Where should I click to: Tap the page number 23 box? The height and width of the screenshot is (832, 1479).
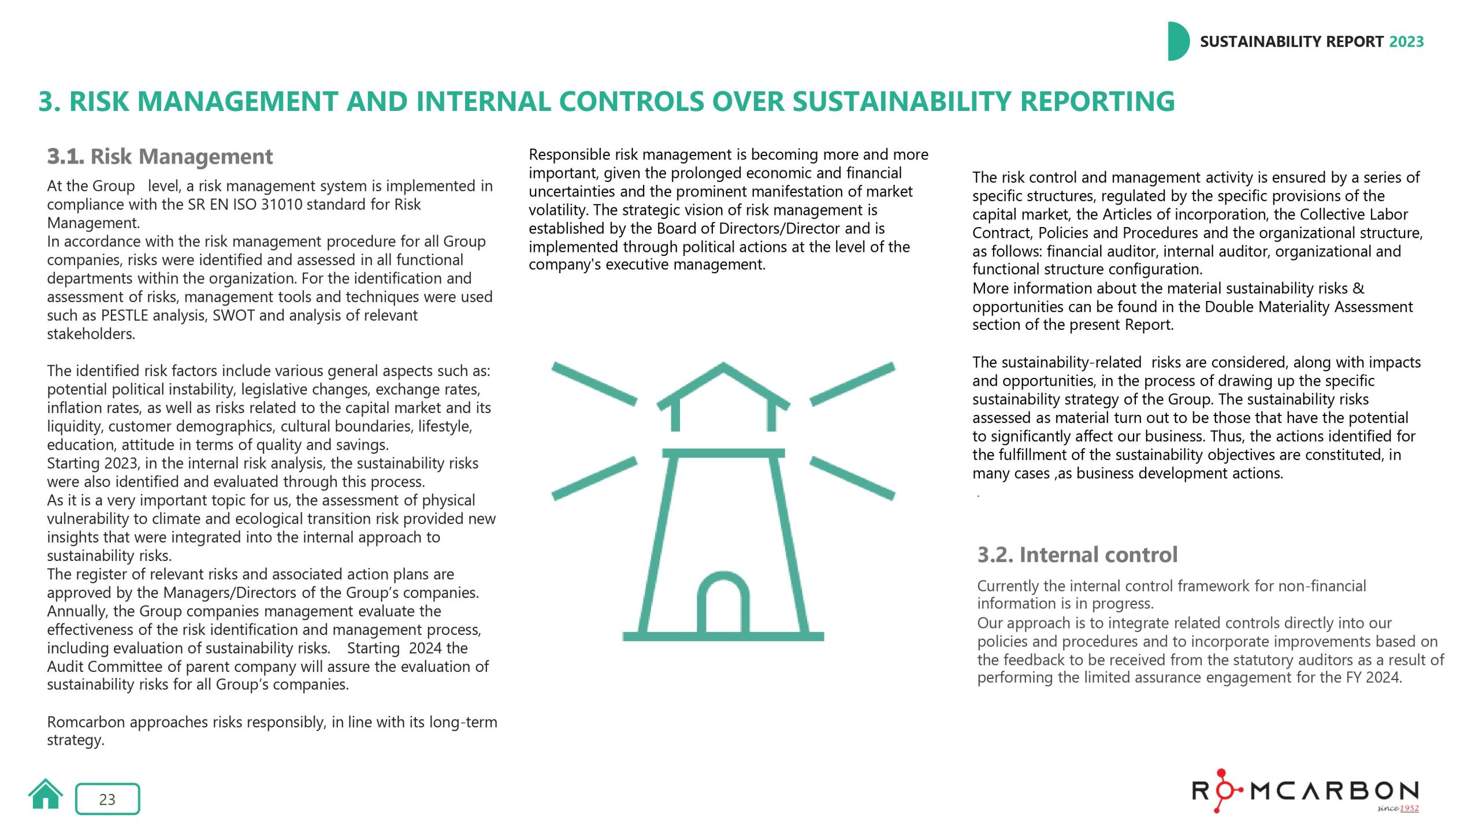pos(107,799)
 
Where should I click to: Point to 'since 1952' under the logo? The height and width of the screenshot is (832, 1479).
pos(1398,808)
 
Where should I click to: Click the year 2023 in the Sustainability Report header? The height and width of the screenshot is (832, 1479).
pos(1406,42)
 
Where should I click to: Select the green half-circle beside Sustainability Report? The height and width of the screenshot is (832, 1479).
pos(1177,42)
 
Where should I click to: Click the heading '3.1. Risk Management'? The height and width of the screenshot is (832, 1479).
pos(160,157)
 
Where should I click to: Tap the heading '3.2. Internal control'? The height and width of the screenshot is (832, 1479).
pos(1077,555)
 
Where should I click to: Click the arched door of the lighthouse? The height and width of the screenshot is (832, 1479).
pos(723,604)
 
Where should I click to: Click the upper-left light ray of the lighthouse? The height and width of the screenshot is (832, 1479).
pos(594,384)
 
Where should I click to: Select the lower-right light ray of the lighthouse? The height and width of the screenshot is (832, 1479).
pos(852,478)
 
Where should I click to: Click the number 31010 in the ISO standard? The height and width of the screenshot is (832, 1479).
pos(283,205)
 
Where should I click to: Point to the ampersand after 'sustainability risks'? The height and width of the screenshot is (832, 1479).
pos(1358,288)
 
